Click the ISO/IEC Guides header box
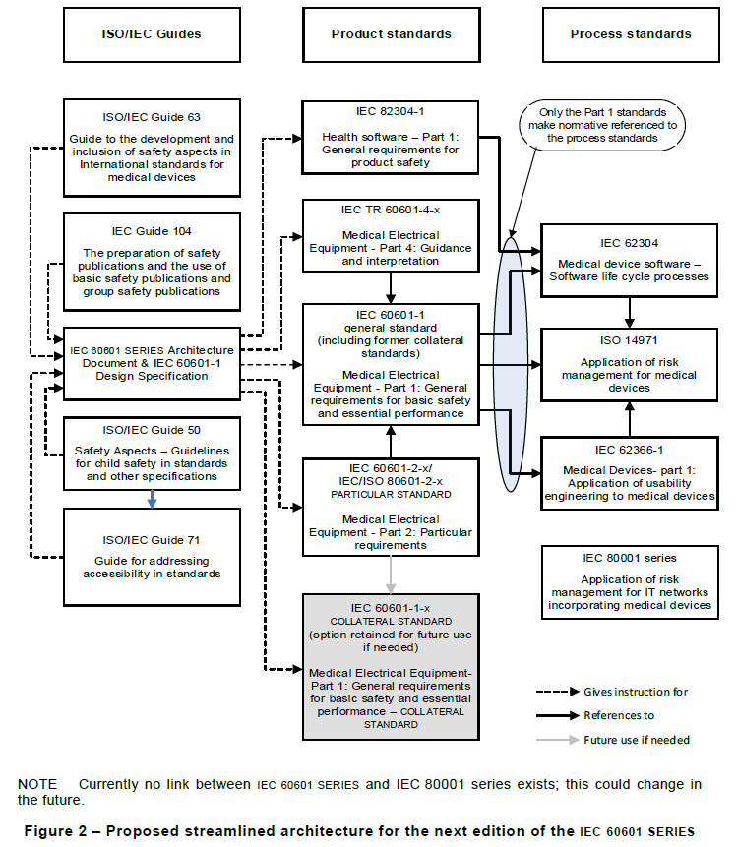tap(152, 34)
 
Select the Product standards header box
tap(391, 34)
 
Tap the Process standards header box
tap(631, 34)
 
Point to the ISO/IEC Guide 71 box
tap(152, 557)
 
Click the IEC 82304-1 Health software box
tap(391, 137)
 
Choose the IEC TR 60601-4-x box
tap(391, 236)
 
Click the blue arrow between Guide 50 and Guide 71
tap(151, 499)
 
